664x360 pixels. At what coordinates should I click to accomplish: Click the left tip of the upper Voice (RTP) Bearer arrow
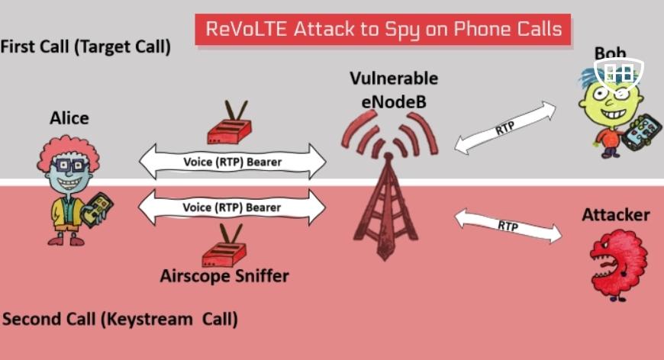[140, 162]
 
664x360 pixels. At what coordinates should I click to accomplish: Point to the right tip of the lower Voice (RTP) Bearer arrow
[326, 207]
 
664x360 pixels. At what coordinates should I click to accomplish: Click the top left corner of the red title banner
[195, 14]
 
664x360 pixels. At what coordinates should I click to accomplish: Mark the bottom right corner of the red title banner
[571, 45]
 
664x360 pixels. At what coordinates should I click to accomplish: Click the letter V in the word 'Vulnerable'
[356, 79]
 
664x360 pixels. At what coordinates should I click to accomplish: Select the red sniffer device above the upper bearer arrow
[229, 123]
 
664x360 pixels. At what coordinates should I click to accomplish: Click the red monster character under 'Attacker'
[618, 265]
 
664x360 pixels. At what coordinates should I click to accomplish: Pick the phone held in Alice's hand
[97, 210]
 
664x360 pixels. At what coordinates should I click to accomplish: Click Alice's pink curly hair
[68, 152]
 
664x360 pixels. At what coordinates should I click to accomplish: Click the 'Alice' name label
[69, 118]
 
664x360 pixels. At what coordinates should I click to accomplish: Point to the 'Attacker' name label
[616, 215]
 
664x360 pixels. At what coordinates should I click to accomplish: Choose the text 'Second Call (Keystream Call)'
[120, 319]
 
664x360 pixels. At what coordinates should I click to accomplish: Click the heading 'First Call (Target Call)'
[85, 47]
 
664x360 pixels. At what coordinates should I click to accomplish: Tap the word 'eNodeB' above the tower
[394, 102]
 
